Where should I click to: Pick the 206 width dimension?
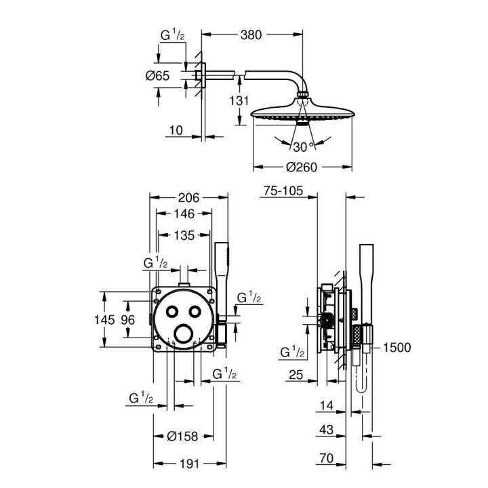(x=188, y=198)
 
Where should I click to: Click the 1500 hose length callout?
(x=396, y=347)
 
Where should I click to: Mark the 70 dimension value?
(x=327, y=460)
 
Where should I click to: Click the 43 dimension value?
(x=327, y=430)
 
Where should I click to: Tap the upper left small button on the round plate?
(x=173, y=311)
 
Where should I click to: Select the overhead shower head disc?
(x=303, y=115)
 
